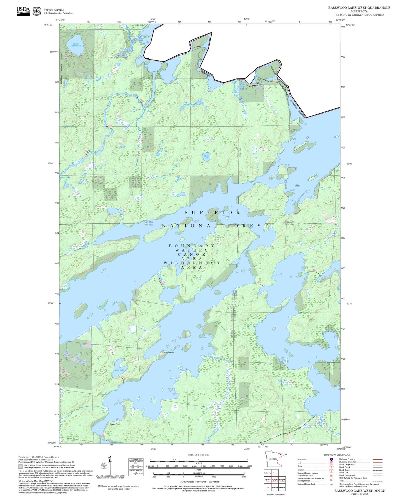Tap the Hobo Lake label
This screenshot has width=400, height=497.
(x=206, y=157)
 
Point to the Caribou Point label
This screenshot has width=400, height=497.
(x=169, y=352)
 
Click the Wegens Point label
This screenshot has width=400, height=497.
(x=115, y=424)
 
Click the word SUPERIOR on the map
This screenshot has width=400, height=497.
(x=213, y=212)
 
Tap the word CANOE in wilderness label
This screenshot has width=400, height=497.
(x=192, y=254)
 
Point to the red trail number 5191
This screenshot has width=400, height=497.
(x=290, y=434)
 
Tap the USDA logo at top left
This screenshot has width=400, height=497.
(x=23, y=11)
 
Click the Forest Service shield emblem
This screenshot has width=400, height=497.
(x=37, y=11)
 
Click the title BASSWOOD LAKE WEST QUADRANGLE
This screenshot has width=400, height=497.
(x=359, y=8)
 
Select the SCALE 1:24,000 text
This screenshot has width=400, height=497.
(x=199, y=455)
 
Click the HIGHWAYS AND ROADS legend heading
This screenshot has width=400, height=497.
(x=337, y=455)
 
